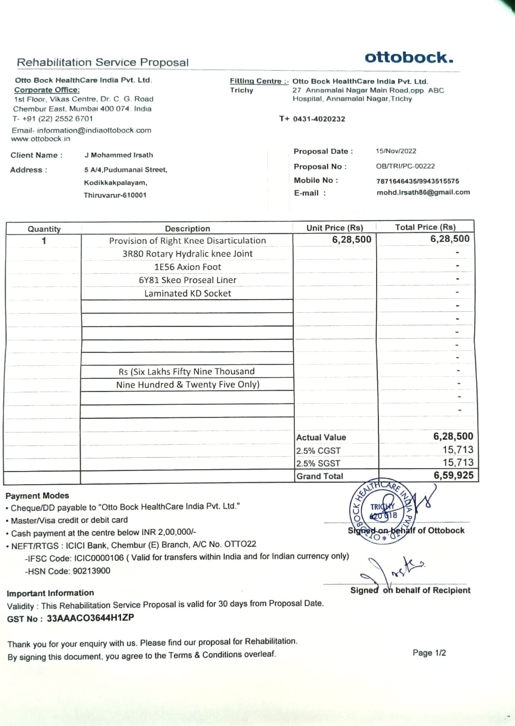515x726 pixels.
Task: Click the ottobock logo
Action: point(408,58)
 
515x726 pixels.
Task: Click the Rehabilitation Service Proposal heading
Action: point(102,63)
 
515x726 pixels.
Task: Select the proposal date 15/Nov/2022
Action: point(396,151)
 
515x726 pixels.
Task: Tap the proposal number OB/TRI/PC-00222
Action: point(405,166)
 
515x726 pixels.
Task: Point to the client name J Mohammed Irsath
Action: point(119,155)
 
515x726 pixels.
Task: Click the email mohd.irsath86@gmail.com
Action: point(423,192)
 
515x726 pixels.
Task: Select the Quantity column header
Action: point(44,229)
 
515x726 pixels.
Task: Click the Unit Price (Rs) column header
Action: point(335,228)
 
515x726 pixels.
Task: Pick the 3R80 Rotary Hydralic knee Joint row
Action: point(187,254)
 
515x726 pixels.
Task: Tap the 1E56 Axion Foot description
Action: point(187,267)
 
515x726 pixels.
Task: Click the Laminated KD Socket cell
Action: point(187,294)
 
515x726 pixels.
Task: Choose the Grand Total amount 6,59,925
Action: point(453,476)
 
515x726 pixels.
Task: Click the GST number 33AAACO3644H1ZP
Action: point(90,618)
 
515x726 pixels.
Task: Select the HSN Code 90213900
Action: point(91,571)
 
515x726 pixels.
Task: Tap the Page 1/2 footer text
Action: point(429,653)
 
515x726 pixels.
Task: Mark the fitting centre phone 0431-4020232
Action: point(319,119)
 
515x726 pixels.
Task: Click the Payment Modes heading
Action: point(37,495)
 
